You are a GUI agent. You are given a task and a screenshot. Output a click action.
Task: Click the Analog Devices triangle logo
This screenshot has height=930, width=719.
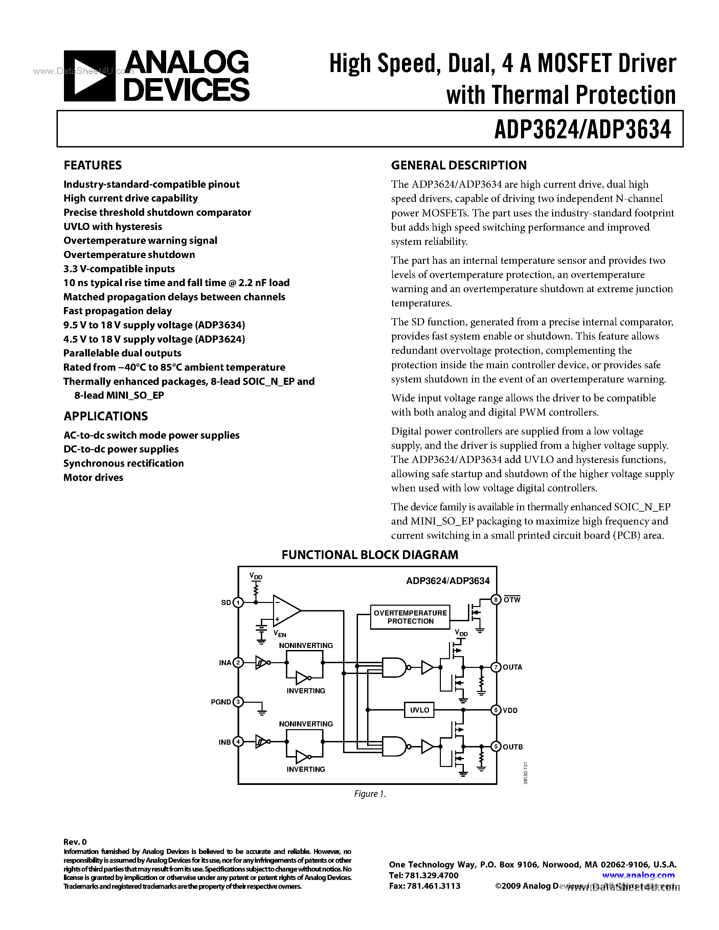pos(89,76)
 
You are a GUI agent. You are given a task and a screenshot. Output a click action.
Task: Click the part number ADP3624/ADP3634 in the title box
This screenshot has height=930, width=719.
pos(582,130)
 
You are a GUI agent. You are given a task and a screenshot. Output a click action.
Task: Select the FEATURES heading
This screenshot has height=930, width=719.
pos(92,165)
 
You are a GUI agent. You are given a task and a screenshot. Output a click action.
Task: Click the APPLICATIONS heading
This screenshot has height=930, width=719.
pos(106,416)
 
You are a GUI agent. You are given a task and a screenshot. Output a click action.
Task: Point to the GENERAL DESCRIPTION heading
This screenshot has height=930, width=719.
pos(459,165)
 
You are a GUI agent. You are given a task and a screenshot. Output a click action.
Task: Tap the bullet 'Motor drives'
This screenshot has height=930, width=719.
pos(93,478)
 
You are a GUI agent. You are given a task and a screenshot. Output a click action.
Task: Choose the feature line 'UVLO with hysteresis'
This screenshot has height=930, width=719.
pos(113,227)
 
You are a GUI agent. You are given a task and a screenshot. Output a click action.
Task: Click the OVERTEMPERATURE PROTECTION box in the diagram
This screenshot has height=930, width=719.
pos(410,617)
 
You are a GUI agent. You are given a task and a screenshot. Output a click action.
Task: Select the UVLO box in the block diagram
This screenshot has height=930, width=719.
pos(420,710)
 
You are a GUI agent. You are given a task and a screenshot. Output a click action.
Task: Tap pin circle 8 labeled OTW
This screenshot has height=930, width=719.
pos(496,600)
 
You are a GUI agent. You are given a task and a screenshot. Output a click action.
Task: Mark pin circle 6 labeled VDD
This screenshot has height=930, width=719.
pos(496,710)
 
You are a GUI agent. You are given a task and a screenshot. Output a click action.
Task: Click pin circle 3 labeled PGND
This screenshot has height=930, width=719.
pos(239,702)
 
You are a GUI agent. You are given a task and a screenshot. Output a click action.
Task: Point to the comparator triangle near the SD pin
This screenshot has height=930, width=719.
pos(285,611)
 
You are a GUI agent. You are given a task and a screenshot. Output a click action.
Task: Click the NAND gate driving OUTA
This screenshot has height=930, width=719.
pos(394,667)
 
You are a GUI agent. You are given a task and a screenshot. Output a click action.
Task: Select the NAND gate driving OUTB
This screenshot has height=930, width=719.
pos(394,746)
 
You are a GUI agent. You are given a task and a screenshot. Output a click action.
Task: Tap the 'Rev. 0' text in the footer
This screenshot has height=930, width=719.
pos(75,842)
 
